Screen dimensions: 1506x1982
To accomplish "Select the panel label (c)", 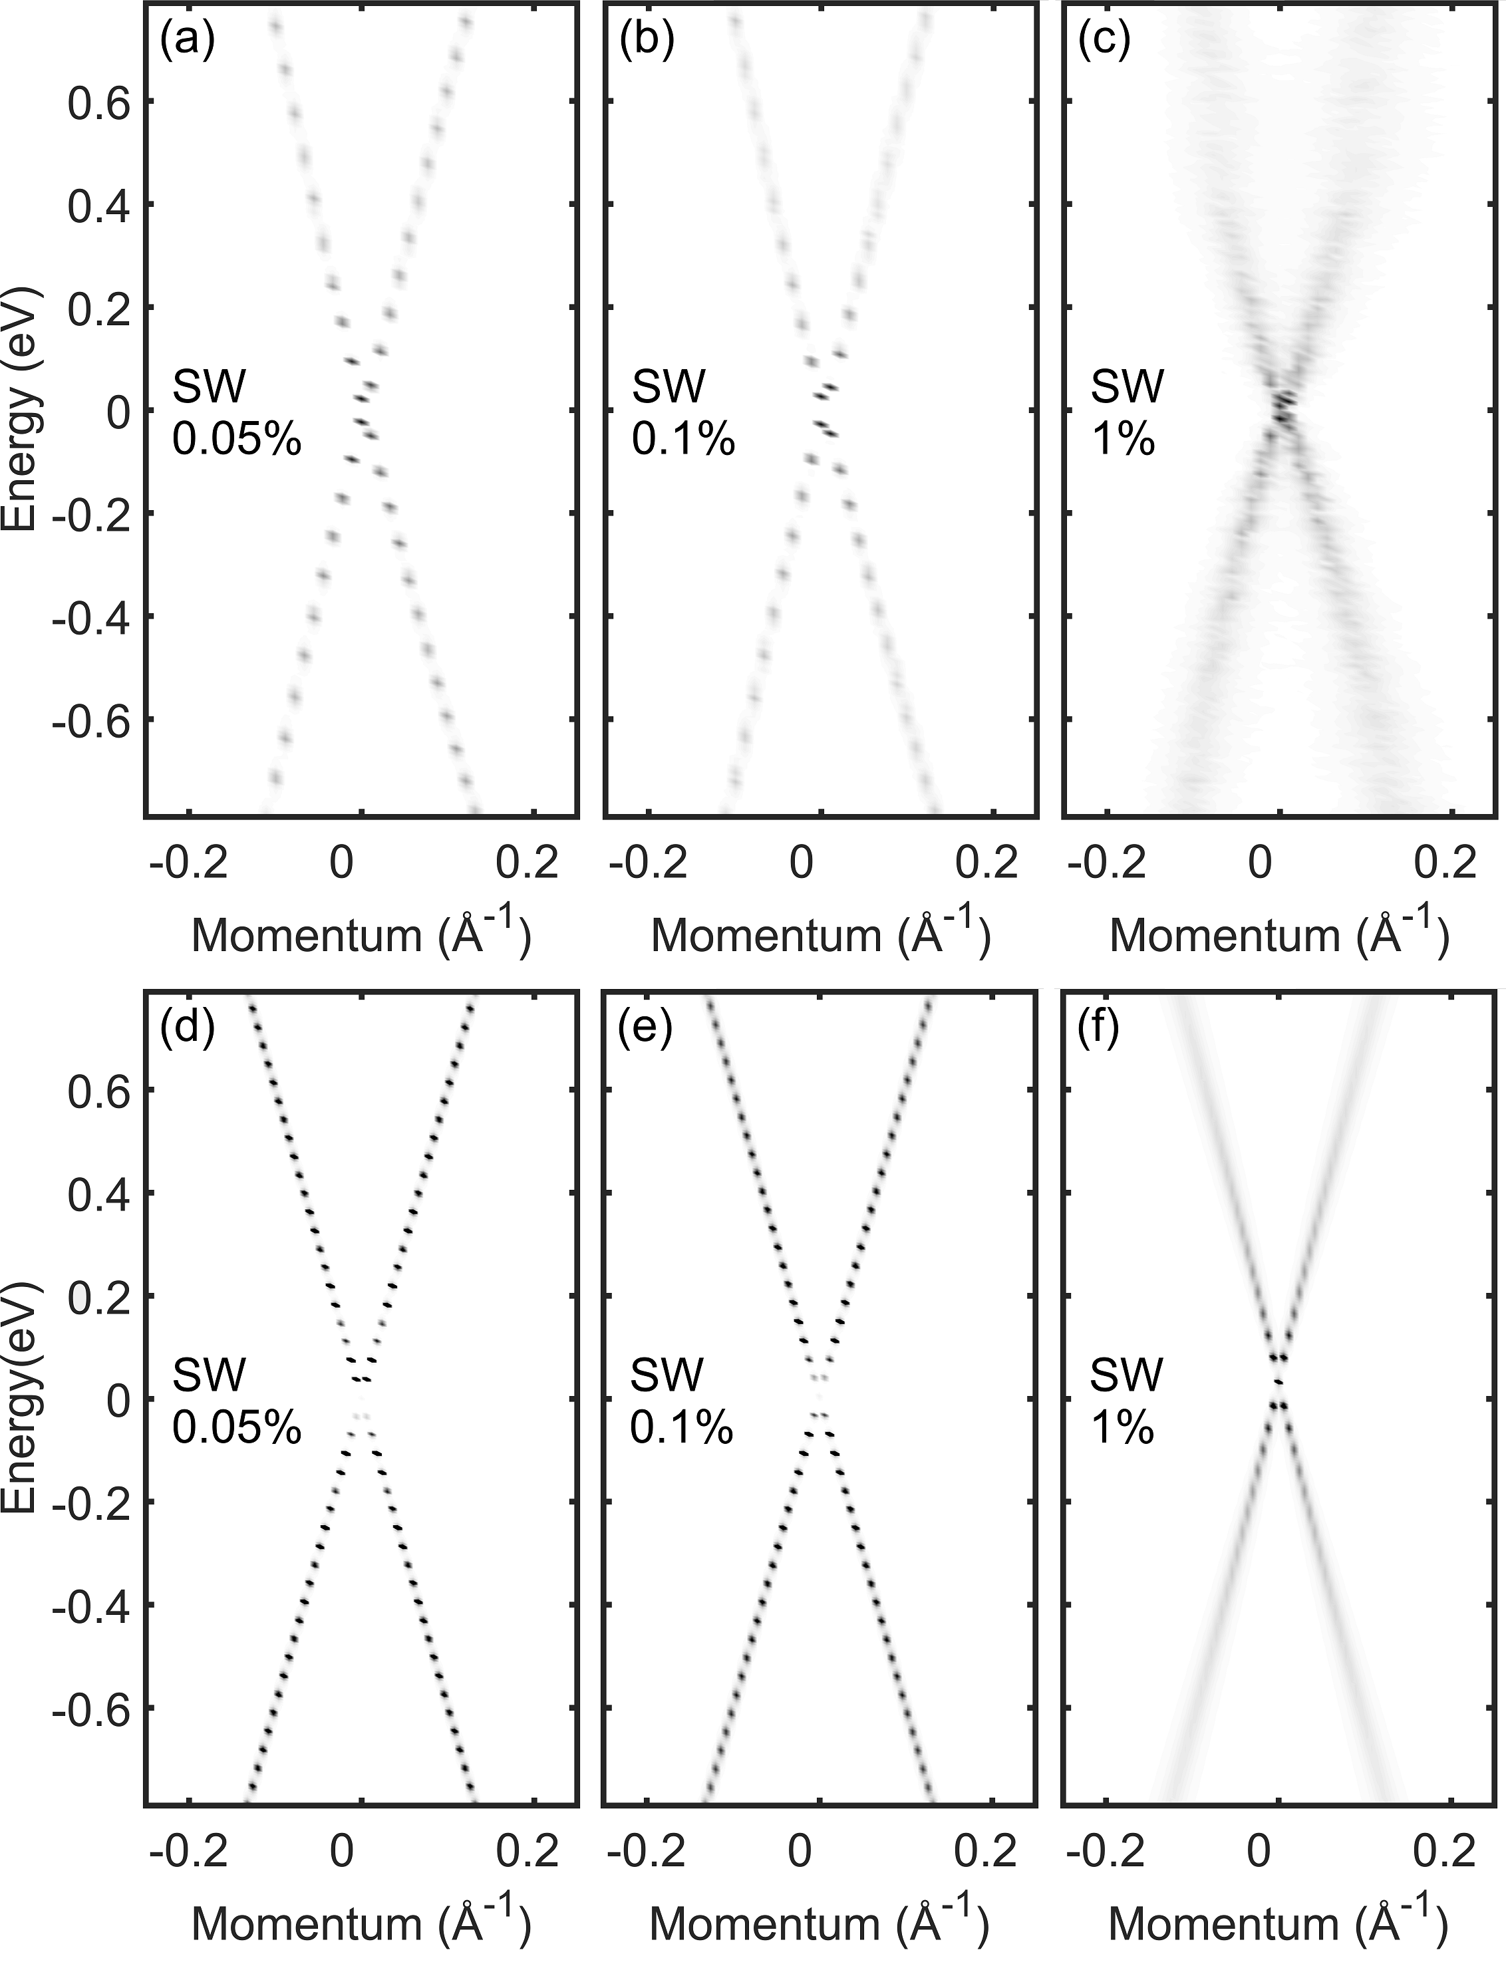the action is (x=1104, y=42).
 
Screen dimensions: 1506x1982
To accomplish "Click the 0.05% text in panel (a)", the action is (x=237, y=440).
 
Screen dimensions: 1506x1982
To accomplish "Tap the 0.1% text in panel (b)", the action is (x=683, y=440).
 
